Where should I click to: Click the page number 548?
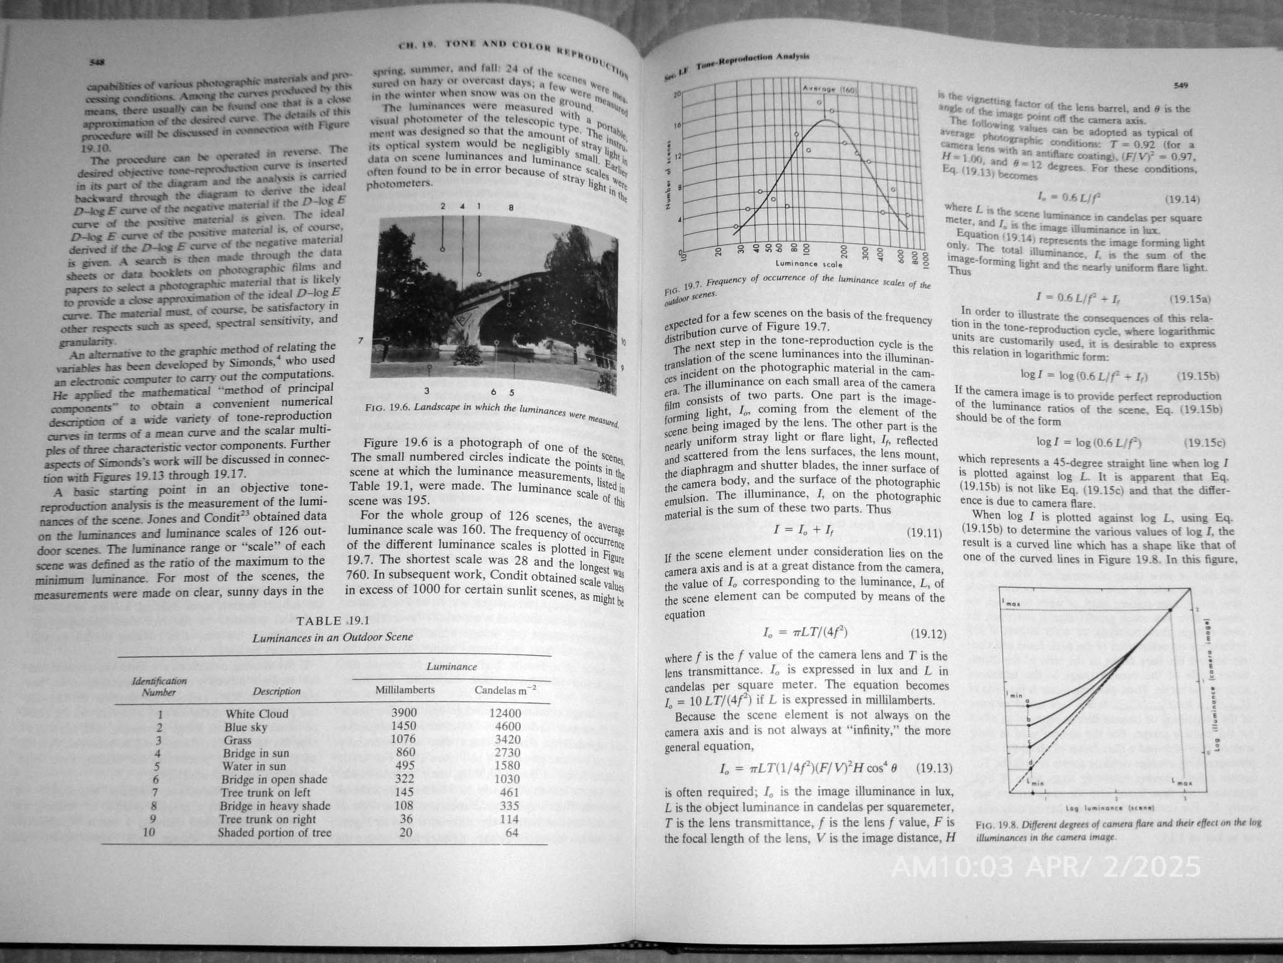coord(96,62)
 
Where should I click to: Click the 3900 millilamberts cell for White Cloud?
coord(404,713)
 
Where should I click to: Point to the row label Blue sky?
coord(246,727)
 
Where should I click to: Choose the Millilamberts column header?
coord(404,690)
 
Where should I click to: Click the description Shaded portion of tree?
coord(274,833)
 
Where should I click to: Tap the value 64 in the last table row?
coord(512,833)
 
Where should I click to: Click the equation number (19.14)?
coord(1182,200)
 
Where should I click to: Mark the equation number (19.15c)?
coord(1204,443)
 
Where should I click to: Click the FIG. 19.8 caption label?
coord(994,825)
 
